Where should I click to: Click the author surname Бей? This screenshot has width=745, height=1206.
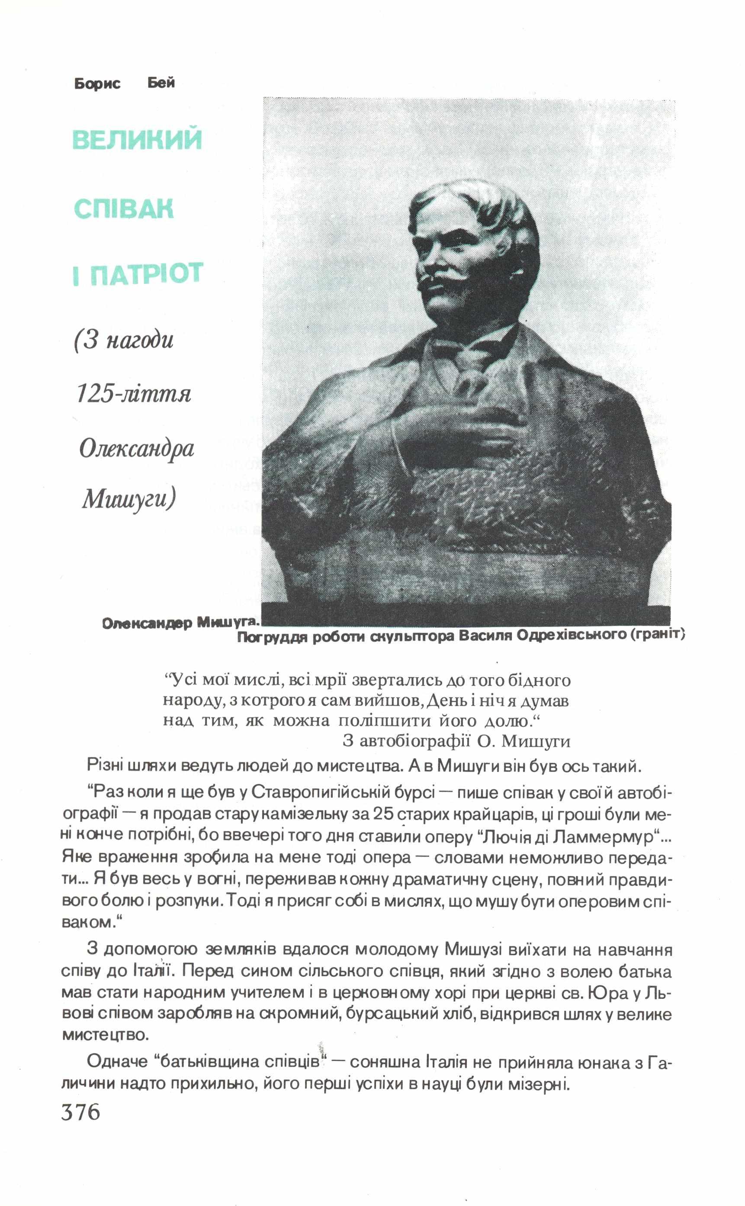(161, 83)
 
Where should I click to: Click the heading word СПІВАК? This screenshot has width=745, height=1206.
(124, 209)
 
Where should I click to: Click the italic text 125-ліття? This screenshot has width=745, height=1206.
(134, 394)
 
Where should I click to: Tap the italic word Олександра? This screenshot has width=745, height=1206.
(136, 448)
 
